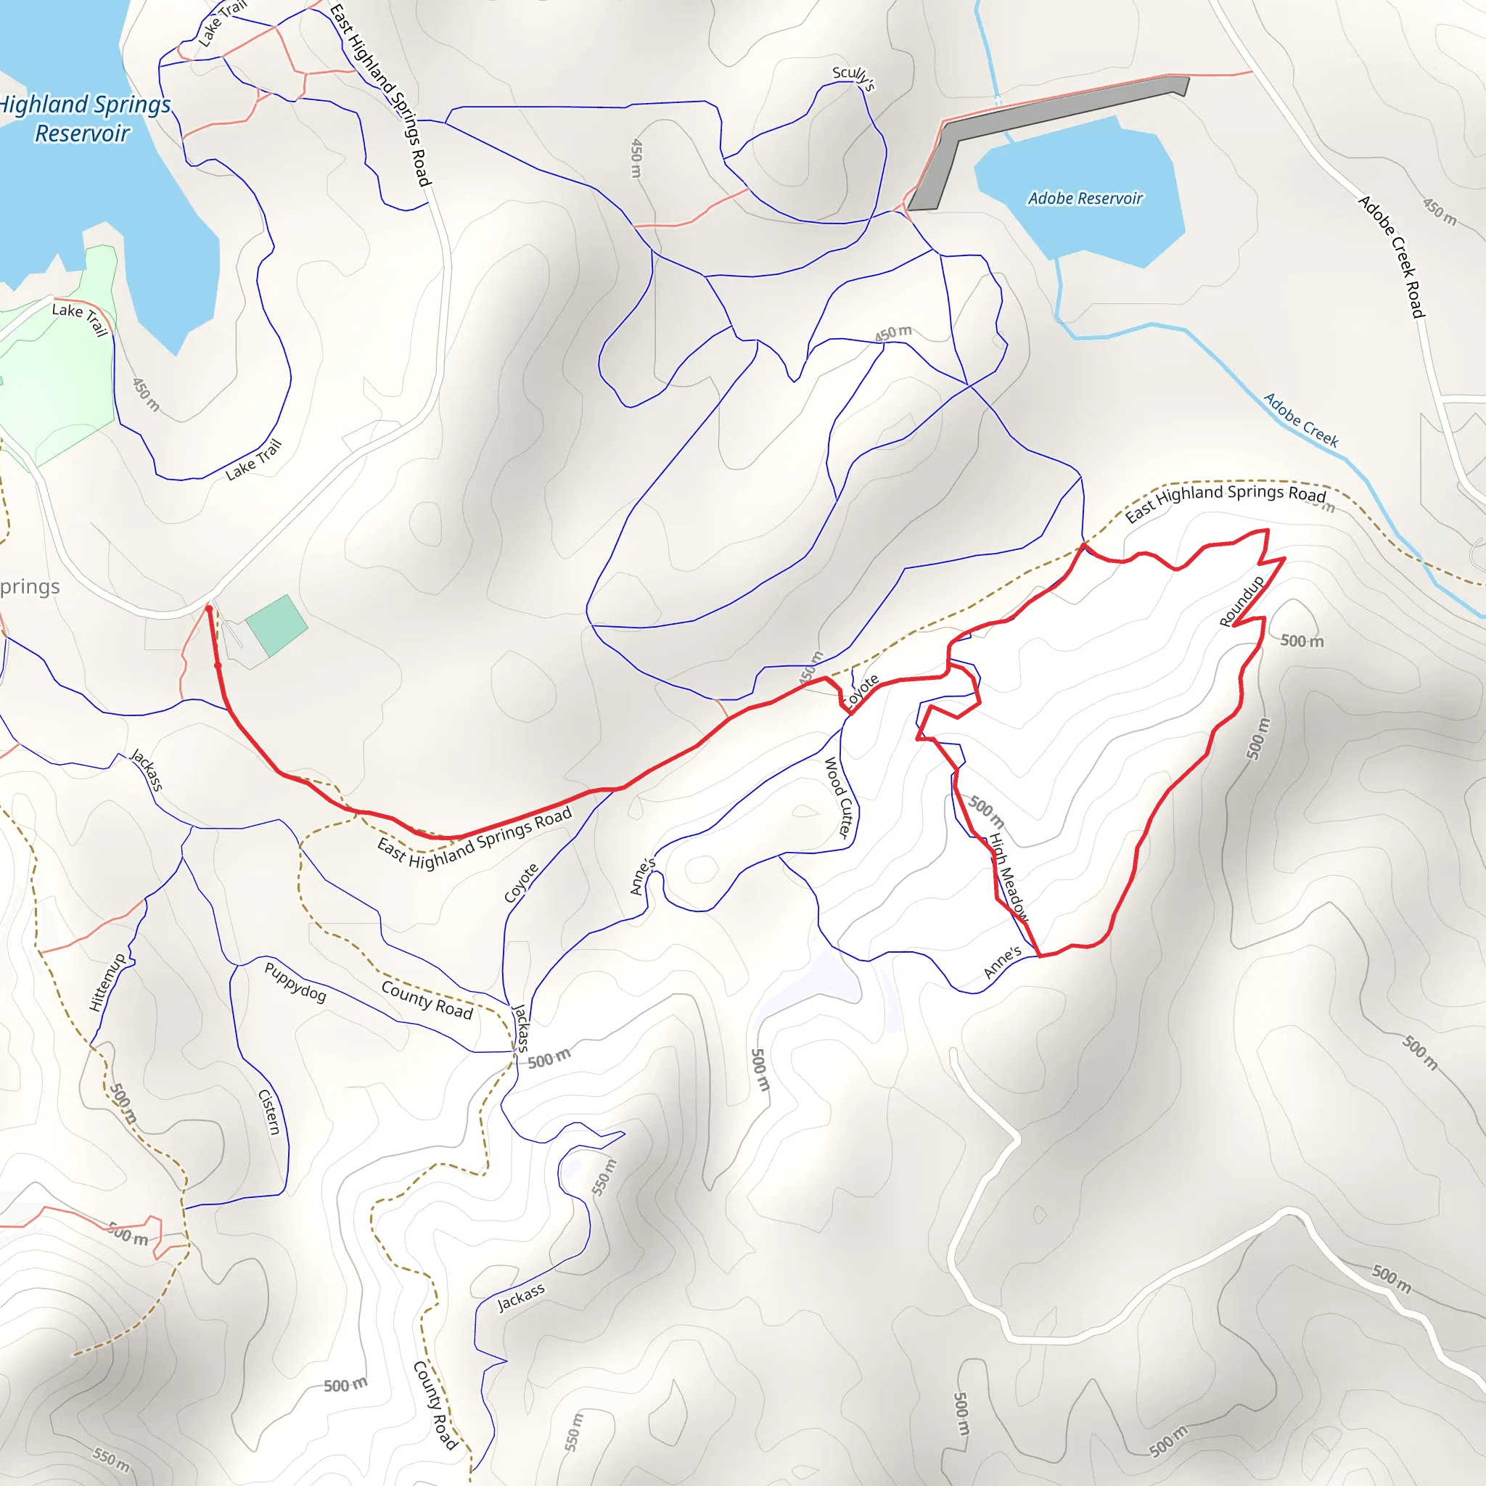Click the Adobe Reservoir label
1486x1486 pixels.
tap(1085, 198)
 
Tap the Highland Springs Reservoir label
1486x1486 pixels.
tap(83, 118)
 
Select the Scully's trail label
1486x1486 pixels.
tap(853, 78)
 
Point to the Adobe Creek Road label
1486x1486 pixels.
tap(1392, 256)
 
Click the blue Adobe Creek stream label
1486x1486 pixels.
tap(1301, 419)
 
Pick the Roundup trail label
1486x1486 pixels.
tap(1241, 601)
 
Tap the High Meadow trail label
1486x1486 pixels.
tap(1008, 877)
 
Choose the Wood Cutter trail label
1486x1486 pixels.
tap(840, 797)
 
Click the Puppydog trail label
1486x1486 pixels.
tap(295, 982)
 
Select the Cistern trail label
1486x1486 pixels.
tap(269, 1112)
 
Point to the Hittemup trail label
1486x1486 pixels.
tap(107, 982)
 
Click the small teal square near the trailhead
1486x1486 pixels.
tap(276, 625)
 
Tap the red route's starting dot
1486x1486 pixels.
tap(208, 608)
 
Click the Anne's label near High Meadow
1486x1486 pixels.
tap(1002, 962)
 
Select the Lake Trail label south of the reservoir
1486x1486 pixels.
tap(253, 459)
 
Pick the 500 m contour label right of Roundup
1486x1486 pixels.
tap(1302, 641)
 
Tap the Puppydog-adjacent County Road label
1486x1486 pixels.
tap(427, 1000)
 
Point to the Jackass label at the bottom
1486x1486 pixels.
tap(521, 1297)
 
